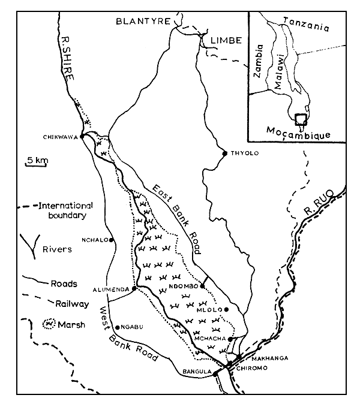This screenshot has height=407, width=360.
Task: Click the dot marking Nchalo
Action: tap(111, 240)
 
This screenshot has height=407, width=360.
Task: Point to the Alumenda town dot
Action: tap(134, 288)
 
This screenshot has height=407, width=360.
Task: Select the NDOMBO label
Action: tap(184, 286)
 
